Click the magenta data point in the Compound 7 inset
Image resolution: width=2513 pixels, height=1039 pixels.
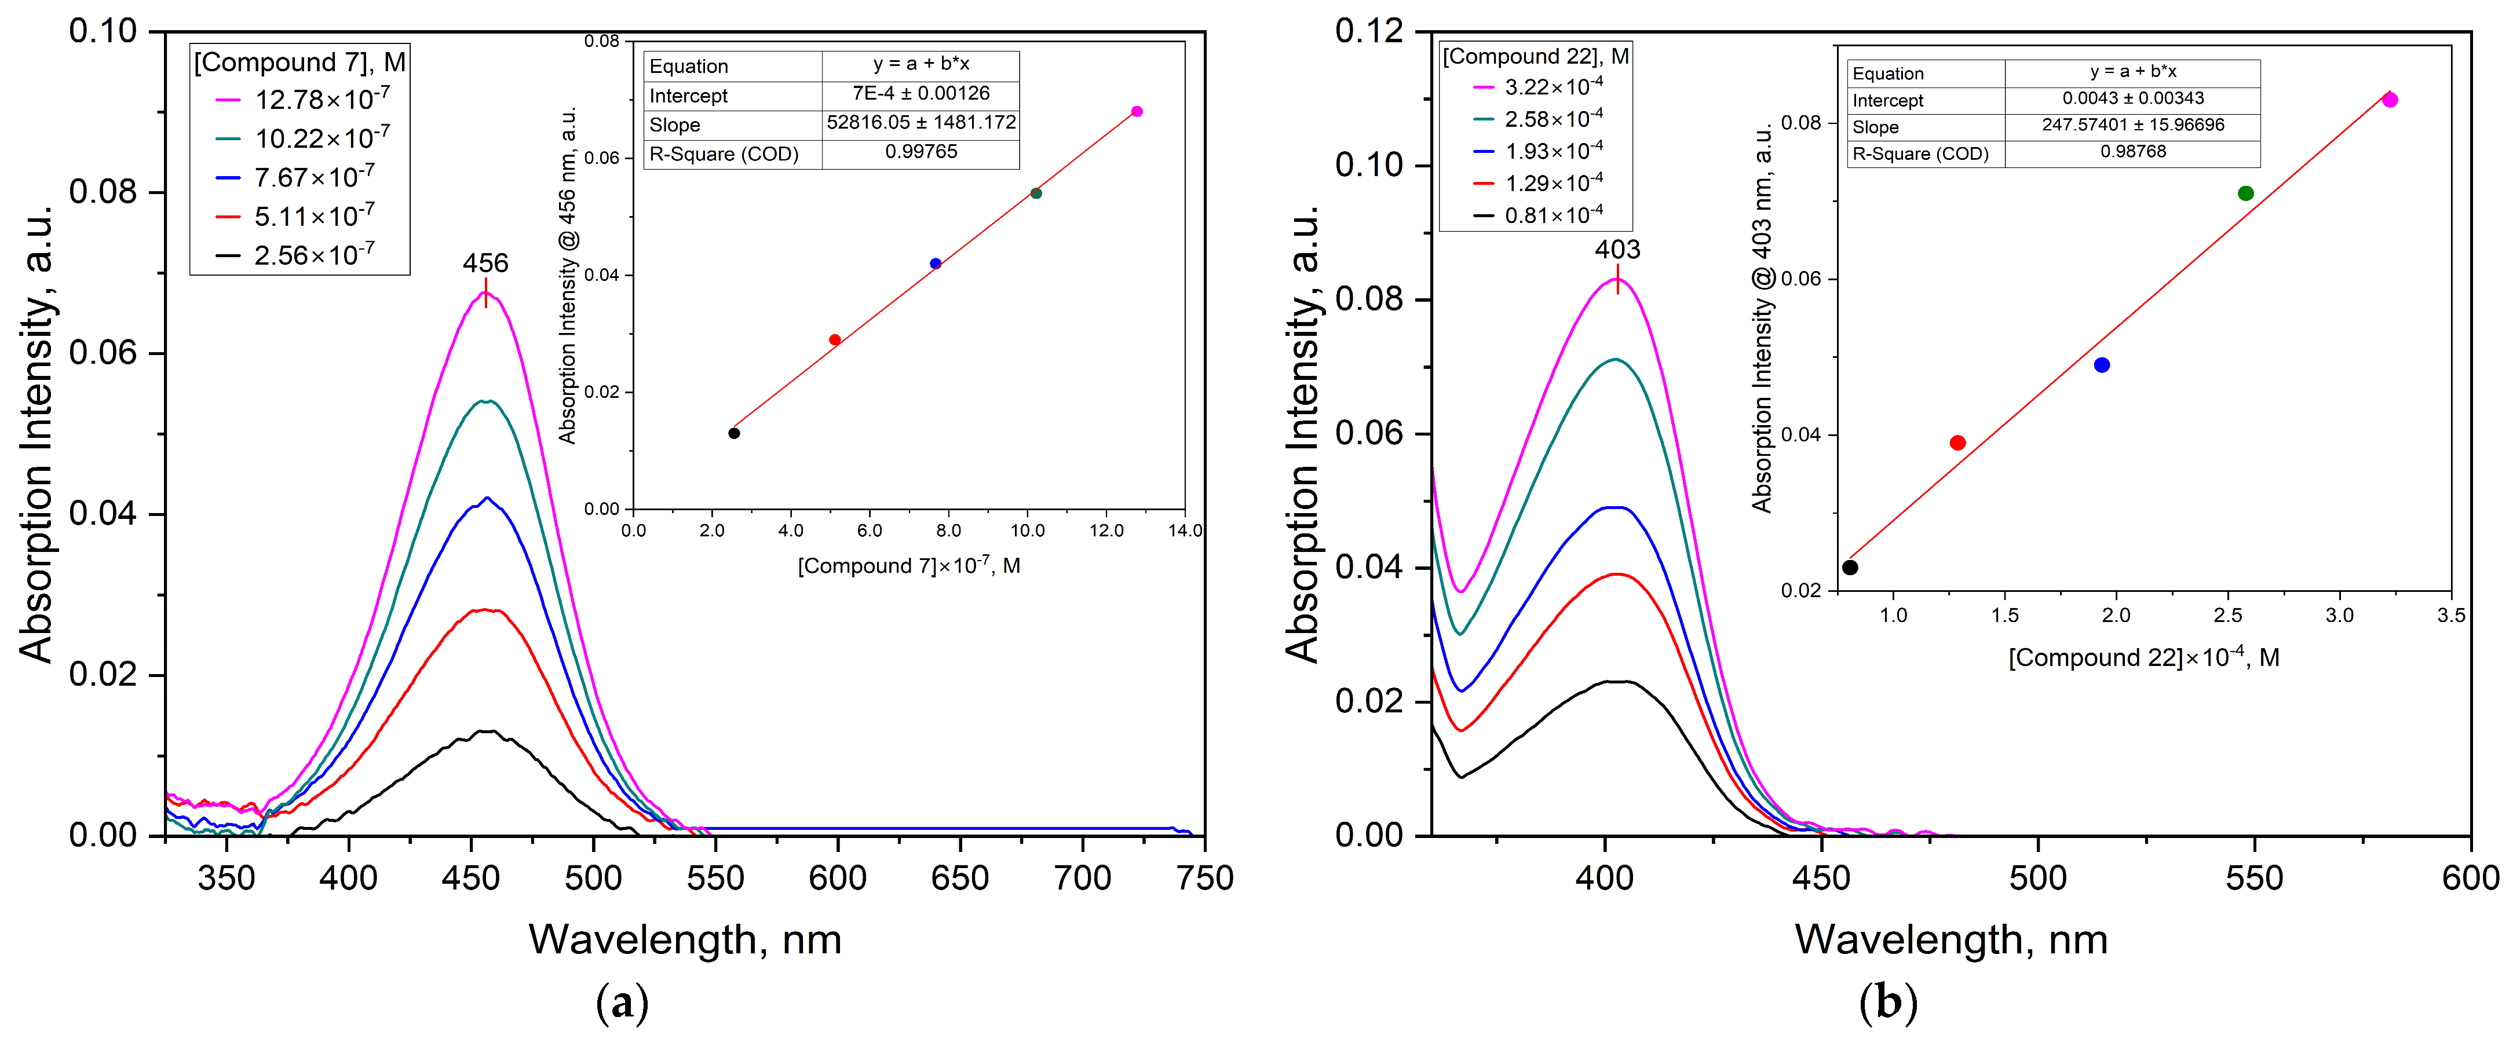click(1137, 111)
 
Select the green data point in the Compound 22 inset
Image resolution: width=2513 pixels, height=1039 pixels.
click(2246, 193)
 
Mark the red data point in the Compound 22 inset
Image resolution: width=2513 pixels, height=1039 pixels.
click(1957, 443)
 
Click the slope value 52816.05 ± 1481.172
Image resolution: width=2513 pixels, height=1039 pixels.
click(921, 123)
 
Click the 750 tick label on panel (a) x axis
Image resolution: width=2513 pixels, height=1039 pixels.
click(1205, 878)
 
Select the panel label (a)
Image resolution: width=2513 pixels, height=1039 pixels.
click(622, 1003)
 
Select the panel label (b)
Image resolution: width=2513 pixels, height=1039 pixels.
click(1888, 1003)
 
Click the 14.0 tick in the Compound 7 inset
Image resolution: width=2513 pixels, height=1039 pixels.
click(1184, 531)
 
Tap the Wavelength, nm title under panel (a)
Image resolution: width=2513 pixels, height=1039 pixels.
click(685, 939)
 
